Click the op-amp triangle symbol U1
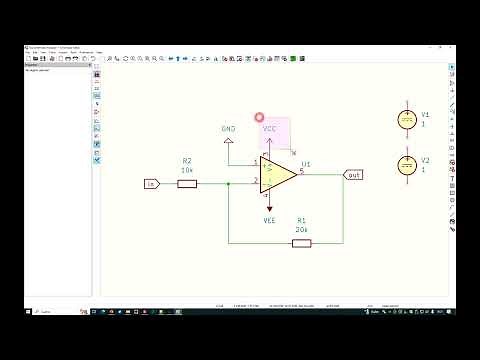(x=279, y=176)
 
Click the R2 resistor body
(x=187, y=183)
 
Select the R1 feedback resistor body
(x=301, y=242)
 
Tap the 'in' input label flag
(x=152, y=183)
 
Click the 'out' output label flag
(x=354, y=175)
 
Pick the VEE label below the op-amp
(x=269, y=219)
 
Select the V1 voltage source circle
(x=406, y=119)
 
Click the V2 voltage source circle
(x=406, y=164)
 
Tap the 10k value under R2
(x=187, y=170)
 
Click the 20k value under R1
(x=301, y=229)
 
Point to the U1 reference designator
(x=306, y=162)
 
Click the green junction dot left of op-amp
(x=229, y=183)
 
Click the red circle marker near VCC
(x=259, y=118)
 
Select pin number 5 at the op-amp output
(x=301, y=170)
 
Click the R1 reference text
(x=301, y=219)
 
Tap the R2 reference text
(x=187, y=160)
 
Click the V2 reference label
(x=425, y=160)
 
